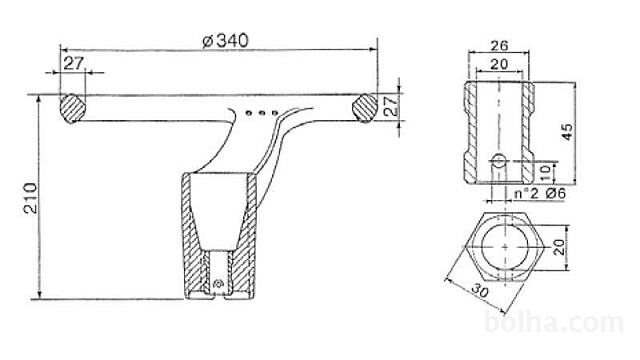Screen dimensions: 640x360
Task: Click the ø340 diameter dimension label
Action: click(225, 41)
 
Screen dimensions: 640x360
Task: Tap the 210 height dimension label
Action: click(31, 198)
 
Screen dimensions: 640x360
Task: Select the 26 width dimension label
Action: click(499, 45)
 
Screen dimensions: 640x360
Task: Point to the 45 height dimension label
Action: click(567, 132)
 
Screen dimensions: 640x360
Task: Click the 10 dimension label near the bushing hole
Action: click(545, 174)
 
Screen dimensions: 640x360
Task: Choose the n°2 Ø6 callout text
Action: click(540, 193)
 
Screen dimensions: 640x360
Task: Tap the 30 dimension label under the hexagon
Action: click(480, 291)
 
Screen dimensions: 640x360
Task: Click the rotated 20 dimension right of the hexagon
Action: click(559, 247)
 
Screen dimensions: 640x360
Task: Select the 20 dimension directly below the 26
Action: click(499, 64)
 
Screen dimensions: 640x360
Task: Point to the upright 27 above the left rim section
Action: click(73, 63)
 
